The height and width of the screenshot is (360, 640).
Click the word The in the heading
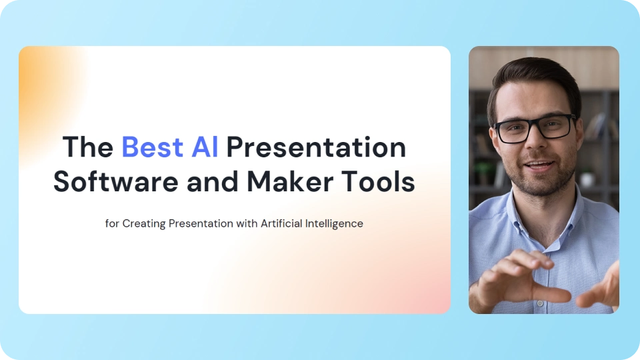88,147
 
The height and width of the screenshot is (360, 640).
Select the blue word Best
152,147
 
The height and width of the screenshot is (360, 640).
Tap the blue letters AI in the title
205,147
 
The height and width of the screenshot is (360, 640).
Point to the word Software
116,181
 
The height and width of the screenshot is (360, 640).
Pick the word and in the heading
213,181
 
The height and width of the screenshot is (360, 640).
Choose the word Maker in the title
290,181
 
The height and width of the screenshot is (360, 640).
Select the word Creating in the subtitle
144,224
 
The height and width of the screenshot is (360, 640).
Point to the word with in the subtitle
247,224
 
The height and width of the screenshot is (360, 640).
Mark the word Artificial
281,224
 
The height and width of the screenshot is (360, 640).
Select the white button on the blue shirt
540,303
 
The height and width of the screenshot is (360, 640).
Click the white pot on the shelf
587,179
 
